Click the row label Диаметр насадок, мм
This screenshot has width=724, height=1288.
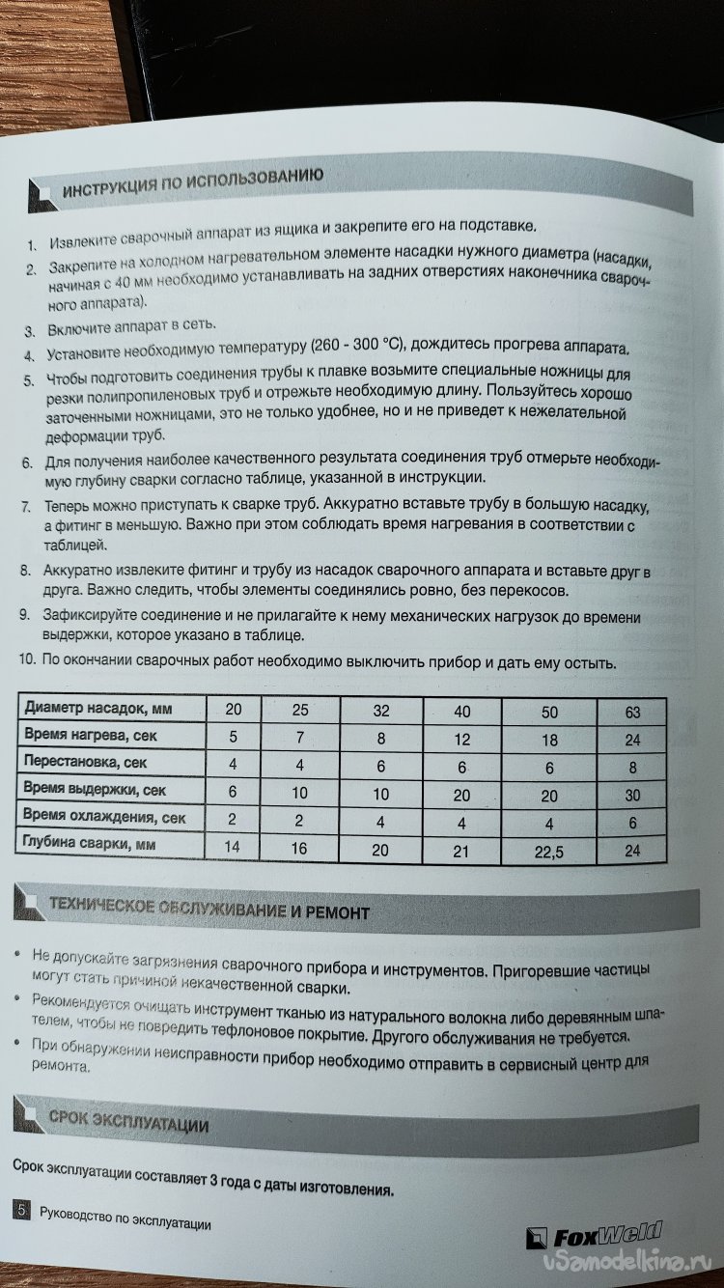[97, 710]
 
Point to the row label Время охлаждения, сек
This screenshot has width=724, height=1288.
[104, 818]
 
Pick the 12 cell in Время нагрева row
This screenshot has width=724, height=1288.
[463, 741]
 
